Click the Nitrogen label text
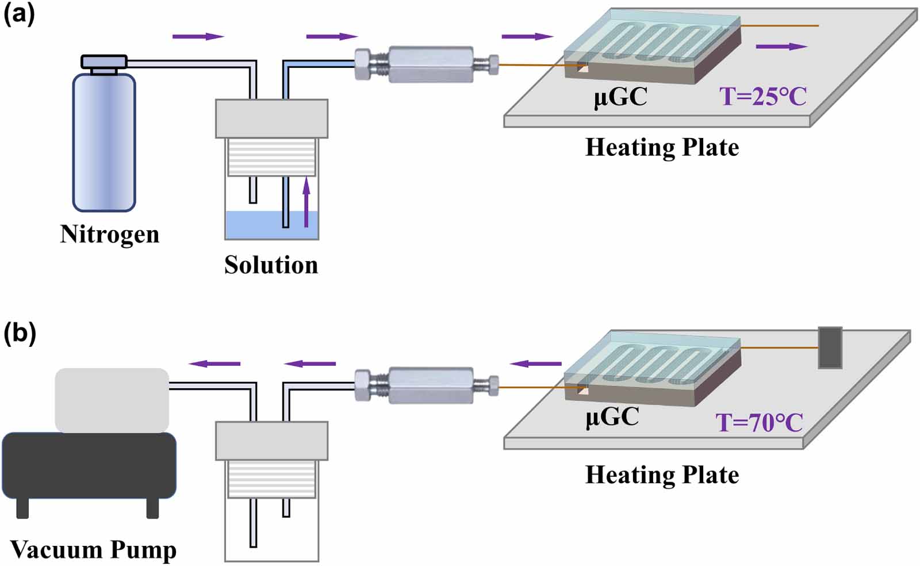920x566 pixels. (109, 234)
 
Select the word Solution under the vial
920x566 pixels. (271, 265)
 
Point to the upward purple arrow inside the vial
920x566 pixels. (306, 201)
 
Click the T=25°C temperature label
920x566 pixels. (763, 96)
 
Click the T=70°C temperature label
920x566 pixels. (759, 423)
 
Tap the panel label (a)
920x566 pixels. (19, 14)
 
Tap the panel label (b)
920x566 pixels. (20, 333)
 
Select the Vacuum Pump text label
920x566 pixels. (93, 549)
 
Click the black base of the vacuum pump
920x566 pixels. (89, 466)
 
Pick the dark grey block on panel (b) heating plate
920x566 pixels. (830, 347)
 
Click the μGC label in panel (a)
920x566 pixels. (620, 96)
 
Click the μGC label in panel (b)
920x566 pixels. (612, 416)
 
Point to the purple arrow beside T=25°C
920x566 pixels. (781, 47)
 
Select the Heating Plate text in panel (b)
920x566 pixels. (662, 475)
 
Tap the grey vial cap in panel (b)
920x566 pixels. (271, 441)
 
